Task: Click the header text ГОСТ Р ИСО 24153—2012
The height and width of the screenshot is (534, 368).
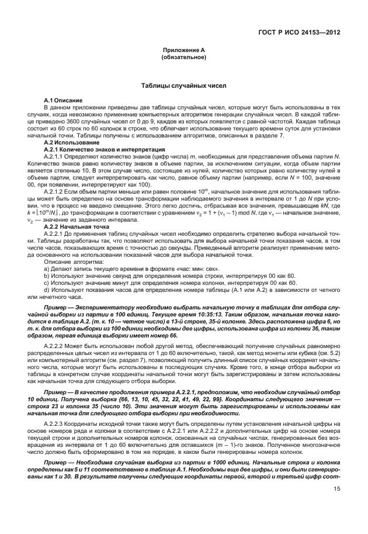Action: pos(303,32)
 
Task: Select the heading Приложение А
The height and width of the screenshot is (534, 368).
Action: pos(183,51)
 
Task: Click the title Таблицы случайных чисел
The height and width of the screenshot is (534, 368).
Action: pos(183,87)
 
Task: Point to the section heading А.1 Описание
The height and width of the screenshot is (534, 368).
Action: pos(63,101)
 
